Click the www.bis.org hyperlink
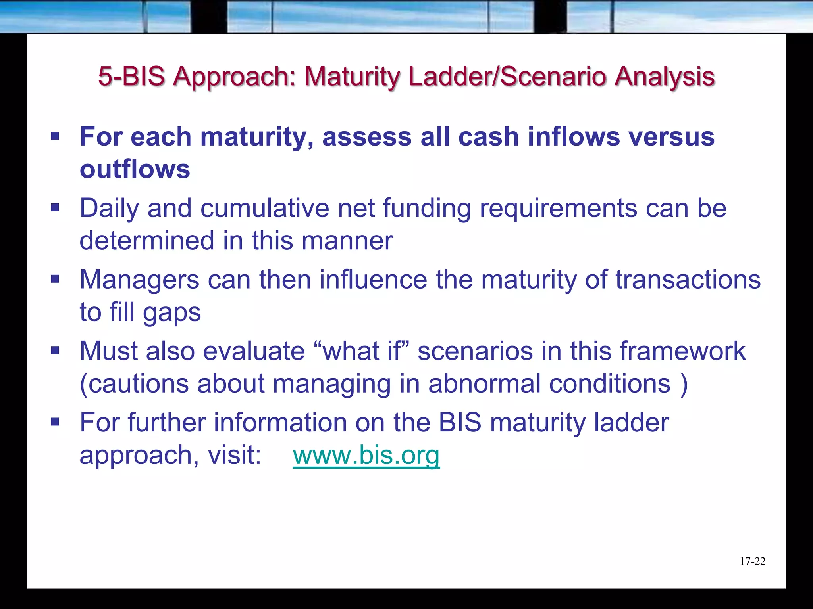(366, 455)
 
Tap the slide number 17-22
(752, 561)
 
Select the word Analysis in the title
(665, 76)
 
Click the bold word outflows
(135, 169)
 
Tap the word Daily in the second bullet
(109, 209)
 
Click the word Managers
(139, 280)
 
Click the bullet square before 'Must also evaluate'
(55, 350)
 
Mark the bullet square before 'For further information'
(55, 421)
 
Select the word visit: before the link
(235, 455)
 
